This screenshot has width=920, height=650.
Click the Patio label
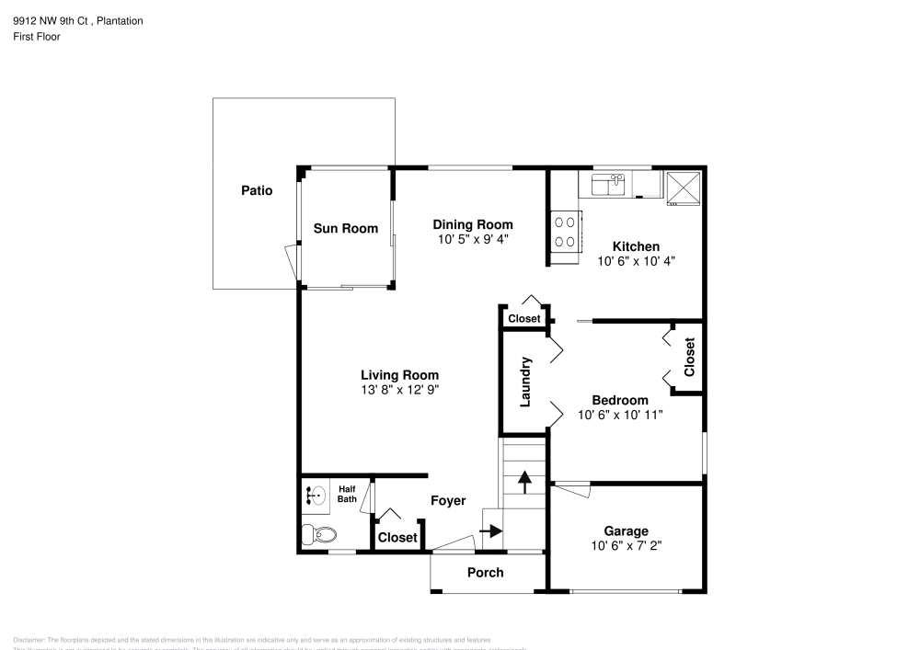point(257,191)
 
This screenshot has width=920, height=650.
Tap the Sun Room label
point(345,228)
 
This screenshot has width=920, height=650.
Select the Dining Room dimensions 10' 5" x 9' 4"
point(473,238)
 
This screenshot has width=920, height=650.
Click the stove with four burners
point(566,232)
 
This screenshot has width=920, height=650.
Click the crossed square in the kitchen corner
point(684,188)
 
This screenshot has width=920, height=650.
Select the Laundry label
point(526,382)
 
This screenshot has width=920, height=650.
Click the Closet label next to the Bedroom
point(689,358)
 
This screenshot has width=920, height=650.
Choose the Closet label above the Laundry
point(524,318)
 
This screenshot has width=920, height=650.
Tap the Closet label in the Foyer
point(397,537)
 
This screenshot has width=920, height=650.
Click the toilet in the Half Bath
point(321,533)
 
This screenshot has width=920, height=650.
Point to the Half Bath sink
point(316,496)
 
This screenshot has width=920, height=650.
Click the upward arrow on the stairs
point(523,482)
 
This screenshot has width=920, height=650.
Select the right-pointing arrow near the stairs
point(491,530)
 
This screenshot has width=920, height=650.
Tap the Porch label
point(485,572)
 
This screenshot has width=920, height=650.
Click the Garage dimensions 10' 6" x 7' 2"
point(626,544)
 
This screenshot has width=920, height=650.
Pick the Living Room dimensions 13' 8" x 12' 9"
point(399,389)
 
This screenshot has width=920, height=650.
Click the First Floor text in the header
point(37,37)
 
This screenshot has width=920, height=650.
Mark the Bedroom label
point(619,400)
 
